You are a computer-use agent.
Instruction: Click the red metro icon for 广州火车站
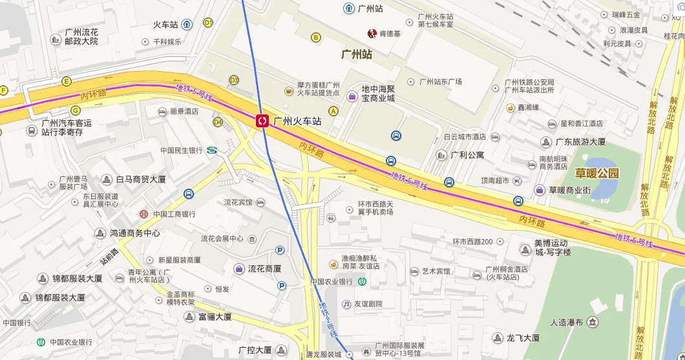click(262, 121)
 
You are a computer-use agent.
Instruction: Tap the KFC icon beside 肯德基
click(372, 33)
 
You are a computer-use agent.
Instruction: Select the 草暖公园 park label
click(596, 173)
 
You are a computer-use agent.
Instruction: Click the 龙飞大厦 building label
click(523, 337)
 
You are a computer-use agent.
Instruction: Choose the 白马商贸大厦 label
click(142, 180)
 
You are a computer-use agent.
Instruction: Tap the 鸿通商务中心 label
click(134, 233)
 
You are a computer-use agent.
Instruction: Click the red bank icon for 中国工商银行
click(144, 214)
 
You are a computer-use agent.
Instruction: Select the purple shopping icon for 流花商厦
click(238, 268)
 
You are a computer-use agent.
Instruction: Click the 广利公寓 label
click(467, 155)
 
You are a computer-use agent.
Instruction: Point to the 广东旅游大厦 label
click(581, 142)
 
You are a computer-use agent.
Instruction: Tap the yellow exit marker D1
click(208, 23)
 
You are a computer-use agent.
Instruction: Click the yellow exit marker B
click(316, 37)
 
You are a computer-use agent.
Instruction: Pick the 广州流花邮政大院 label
click(81, 36)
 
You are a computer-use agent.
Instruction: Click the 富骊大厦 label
click(215, 317)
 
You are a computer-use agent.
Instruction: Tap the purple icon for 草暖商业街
click(539, 190)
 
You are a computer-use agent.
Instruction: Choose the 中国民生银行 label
click(182, 151)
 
